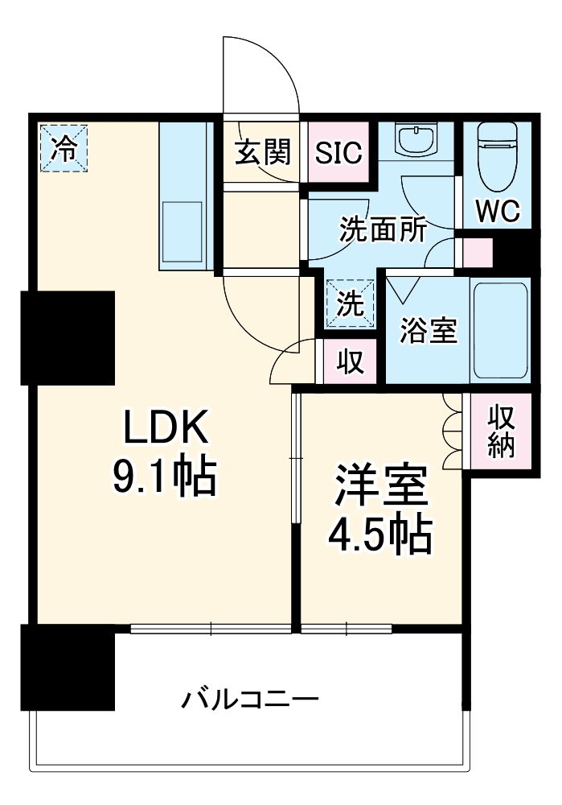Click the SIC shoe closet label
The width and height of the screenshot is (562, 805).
[x=338, y=152]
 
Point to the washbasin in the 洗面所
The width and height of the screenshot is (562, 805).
[x=416, y=142]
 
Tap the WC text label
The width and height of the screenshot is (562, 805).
[x=498, y=211]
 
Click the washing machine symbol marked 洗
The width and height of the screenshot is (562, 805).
[x=350, y=303]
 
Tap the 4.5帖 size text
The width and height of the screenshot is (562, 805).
[x=379, y=535]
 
